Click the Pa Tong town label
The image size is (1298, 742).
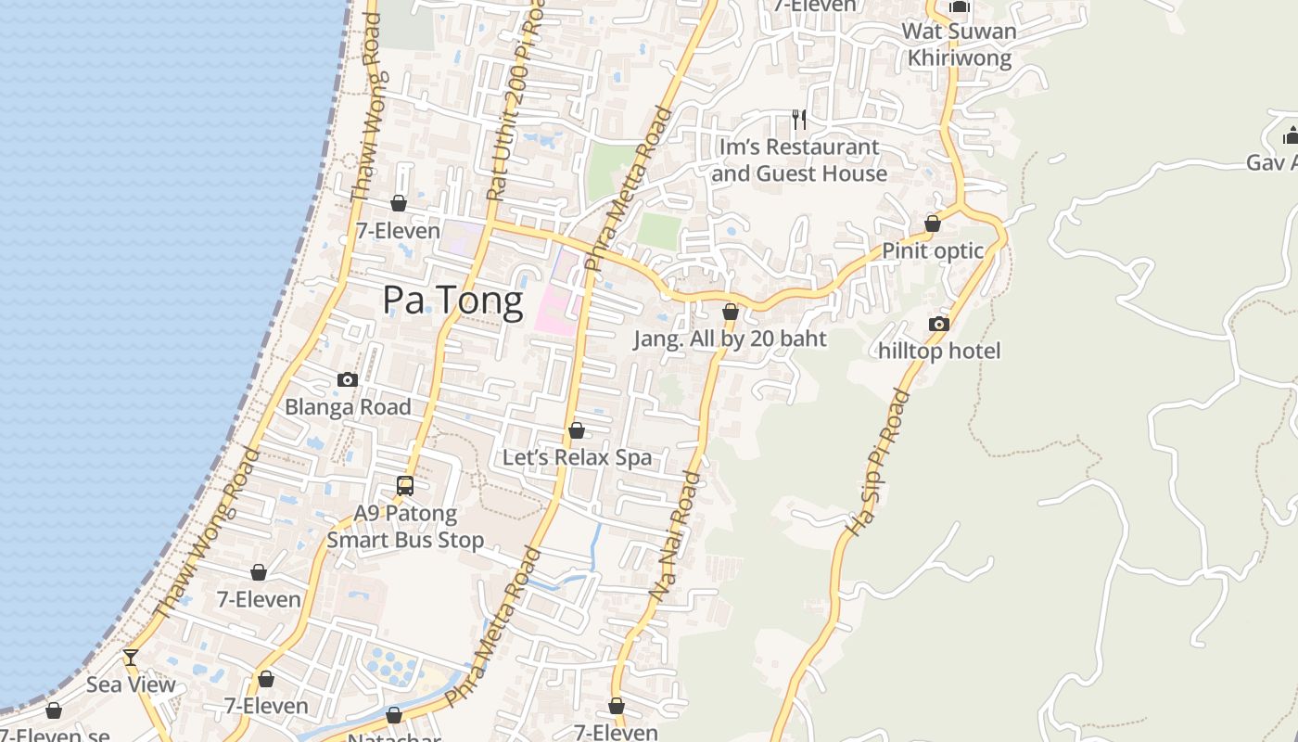tap(452, 301)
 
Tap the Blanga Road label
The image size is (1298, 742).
tap(348, 406)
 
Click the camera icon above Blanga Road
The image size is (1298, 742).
tap(348, 379)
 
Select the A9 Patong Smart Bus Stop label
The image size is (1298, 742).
tap(405, 527)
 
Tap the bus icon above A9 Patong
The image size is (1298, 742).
tap(405, 485)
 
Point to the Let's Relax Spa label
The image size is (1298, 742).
tap(577, 457)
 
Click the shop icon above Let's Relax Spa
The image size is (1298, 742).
tap(577, 430)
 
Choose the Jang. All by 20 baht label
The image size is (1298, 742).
tap(730, 339)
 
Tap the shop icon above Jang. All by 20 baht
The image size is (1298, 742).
tap(731, 312)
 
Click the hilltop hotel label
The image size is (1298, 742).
tap(939, 351)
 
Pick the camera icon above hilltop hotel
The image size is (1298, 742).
tap(939, 324)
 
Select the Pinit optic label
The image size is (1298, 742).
tap(933, 250)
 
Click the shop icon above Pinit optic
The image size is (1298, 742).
tap(933, 224)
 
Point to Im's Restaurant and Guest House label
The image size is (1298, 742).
tap(799, 160)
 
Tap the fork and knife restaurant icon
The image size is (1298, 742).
tap(798, 119)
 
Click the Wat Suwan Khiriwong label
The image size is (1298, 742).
tap(959, 44)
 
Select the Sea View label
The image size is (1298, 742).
tap(131, 684)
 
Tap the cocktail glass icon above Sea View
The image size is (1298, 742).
tap(131, 658)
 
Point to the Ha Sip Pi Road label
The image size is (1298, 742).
tap(876, 463)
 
